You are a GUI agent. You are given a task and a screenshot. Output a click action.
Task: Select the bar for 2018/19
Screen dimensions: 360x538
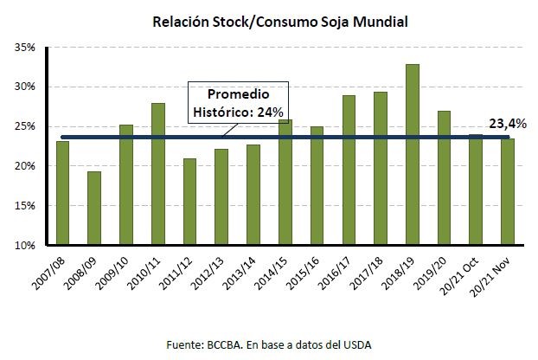click(413, 155)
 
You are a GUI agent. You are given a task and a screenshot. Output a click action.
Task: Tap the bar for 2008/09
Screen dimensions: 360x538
click(94, 209)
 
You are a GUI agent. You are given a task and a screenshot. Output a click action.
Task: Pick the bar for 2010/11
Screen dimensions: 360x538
click(158, 174)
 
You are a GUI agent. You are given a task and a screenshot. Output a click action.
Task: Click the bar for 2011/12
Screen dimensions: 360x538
click(190, 202)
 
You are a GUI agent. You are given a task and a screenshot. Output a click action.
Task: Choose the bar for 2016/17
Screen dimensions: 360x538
click(349, 170)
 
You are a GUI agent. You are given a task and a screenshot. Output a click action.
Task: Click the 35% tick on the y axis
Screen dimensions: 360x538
click(25, 48)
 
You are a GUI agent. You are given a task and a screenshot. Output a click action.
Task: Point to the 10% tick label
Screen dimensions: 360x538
click(25, 246)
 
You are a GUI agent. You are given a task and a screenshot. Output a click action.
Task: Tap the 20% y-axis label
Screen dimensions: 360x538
click(25, 166)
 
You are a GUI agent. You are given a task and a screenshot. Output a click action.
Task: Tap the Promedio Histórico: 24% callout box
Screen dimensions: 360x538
click(238, 102)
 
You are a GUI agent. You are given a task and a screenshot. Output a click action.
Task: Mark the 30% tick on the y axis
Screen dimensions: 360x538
click(25, 87)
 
